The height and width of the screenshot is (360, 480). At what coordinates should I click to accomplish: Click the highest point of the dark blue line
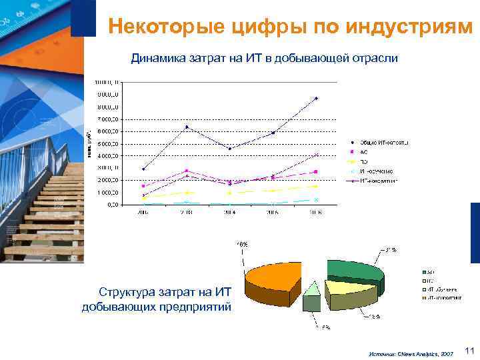click(317, 98)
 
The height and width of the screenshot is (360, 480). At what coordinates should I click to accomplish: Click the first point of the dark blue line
click(144, 169)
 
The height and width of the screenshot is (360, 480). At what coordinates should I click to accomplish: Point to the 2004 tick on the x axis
click(229, 212)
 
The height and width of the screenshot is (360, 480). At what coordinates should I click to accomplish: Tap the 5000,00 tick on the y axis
click(107, 143)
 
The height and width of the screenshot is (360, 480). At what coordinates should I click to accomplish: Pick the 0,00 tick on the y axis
click(113, 205)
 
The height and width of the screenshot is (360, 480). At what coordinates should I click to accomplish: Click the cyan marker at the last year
click(317, 199)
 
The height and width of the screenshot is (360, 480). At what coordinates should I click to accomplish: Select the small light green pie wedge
click(311, 289)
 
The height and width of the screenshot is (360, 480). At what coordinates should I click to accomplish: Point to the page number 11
click(469, 350)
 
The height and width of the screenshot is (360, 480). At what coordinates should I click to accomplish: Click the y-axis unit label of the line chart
click(89, 144)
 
